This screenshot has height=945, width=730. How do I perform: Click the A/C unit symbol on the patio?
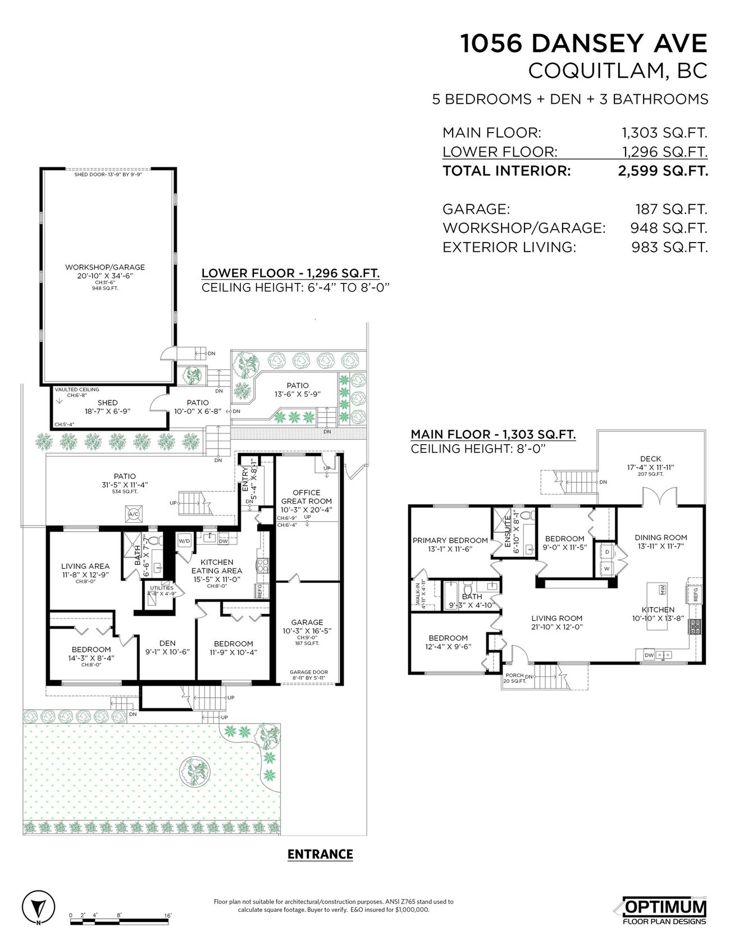click(x=134, y=513)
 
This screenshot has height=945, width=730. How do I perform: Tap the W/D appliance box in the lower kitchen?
click(x=184, y=541)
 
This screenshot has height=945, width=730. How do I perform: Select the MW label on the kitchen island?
click(x=663, y=590)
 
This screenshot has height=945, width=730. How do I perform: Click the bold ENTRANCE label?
click(x=320, y=854)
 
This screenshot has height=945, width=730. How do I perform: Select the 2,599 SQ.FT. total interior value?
click(x=663, y=171)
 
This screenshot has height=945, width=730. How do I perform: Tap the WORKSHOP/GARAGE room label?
click(x=105, y=267)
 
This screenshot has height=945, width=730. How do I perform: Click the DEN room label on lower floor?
click(x=167, y=643)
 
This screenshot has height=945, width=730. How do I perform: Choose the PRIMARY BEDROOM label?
click(x=450, y=541)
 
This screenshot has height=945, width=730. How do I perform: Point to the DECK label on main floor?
click(x=650, y=459)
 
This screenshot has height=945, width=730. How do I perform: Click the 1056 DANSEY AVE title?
click(x=584, y=44)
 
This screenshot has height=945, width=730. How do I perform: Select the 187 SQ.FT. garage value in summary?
click(x=672, y=209)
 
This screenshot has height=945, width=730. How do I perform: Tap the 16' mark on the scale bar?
click(x=168, y=915)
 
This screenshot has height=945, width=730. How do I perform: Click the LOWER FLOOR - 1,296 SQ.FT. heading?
click(x=290, y=273)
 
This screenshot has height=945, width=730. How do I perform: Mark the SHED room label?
click(x=107, y=403)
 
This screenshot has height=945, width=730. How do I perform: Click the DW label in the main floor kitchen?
click(x=649, y=655)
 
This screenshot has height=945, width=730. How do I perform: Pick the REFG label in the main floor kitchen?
click(x=696, y=595)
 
